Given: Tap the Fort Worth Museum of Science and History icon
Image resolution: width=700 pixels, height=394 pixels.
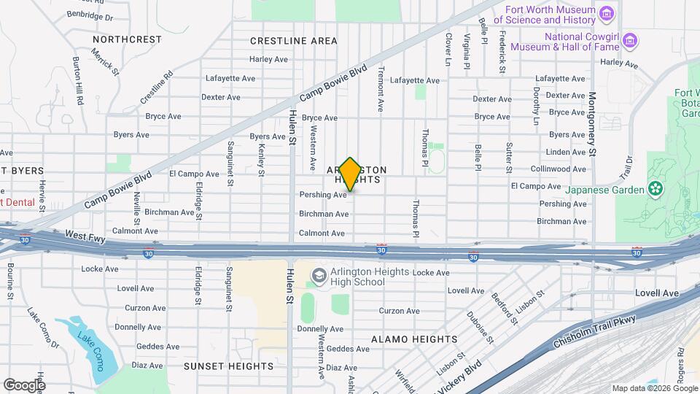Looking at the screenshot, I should tap(605, 14).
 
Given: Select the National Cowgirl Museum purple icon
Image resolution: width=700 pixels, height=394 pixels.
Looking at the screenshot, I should tap(630, 39).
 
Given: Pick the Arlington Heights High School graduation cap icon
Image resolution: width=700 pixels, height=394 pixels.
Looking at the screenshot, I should tap(319, 276).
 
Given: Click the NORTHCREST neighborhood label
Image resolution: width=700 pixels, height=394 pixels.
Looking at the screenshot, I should tap(127, 39).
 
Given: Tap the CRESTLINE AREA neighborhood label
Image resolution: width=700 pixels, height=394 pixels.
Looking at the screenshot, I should tap(294, 41).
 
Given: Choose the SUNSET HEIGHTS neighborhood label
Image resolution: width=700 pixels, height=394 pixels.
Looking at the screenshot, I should tap(217, 366).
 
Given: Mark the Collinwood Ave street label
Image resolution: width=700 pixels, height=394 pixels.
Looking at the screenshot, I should tap(559, 169).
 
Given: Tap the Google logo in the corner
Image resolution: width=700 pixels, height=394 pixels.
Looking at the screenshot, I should tap(24, 385).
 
